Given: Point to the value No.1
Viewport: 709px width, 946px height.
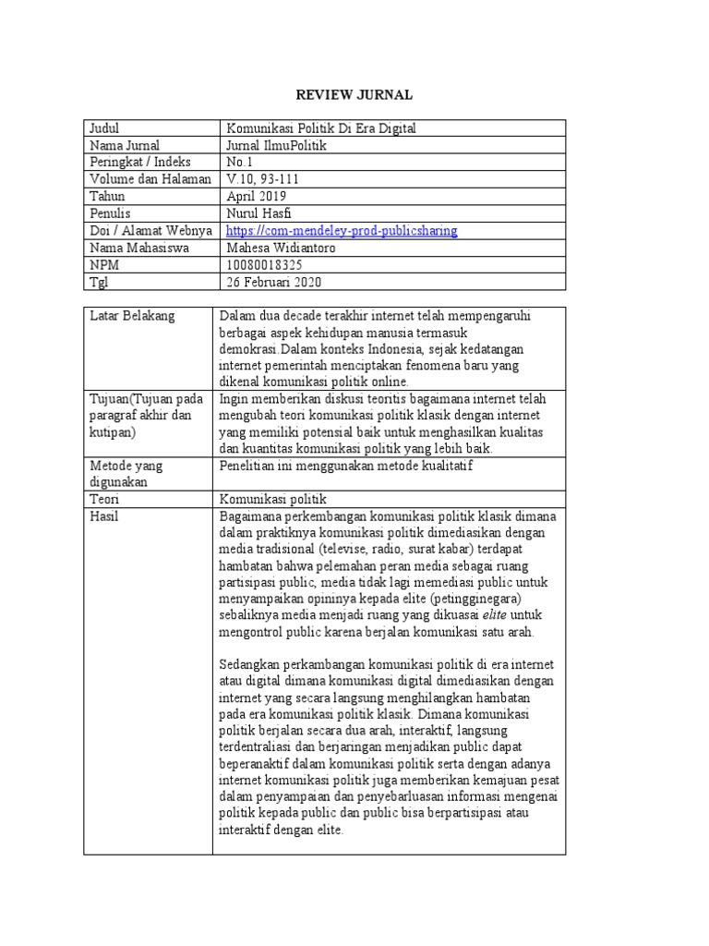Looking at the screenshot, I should point(240,163).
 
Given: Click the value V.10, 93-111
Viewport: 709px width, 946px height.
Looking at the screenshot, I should point(263,179).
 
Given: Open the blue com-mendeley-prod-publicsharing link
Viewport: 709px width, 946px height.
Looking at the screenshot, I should point(342,231).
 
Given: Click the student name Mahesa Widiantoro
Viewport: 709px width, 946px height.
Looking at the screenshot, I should point(282,248).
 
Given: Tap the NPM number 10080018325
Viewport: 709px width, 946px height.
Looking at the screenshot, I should point(264,264).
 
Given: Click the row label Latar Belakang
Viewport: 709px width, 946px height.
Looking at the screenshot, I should point(132,317).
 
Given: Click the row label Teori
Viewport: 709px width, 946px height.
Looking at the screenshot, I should point(106,499).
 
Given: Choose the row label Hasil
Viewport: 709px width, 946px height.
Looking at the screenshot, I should point(104,516).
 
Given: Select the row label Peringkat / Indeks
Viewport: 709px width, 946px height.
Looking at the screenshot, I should point(140,163).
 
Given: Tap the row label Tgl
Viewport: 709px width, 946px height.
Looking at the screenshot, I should point(99,282).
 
